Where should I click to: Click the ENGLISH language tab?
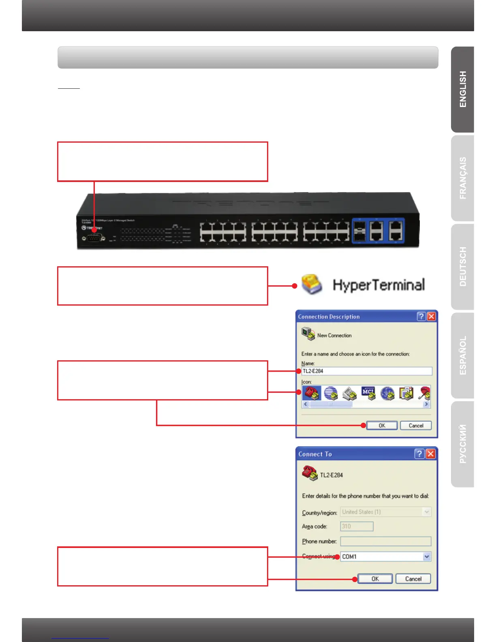click(x=463, y=90)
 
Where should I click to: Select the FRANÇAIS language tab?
click(x=463, y=178)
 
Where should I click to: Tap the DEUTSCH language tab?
click(x=463, y=267)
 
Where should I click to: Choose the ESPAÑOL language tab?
click(x=463, y=355)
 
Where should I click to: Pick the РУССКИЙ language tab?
click(x=463, y=444)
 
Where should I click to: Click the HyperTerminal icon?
click(x=312, y=284)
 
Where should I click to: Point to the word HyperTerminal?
click(x=378, y=285)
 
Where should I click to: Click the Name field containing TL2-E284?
click(x=367, y=371)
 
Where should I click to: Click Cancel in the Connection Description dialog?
click(x=416, y=426)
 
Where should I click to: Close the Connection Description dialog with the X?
click(x=432, y=317)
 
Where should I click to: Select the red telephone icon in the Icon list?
click(x=311, y=393)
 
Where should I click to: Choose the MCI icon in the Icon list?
click(x=368, y=393)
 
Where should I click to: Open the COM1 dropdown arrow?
click(x=427, y=557)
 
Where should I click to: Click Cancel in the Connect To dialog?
click(x=413, y=579)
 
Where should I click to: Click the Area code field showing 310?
click(x=357, y=526)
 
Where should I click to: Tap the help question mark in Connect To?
click(x=419, y=454)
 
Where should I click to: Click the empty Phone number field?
click(x=385, y=541)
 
